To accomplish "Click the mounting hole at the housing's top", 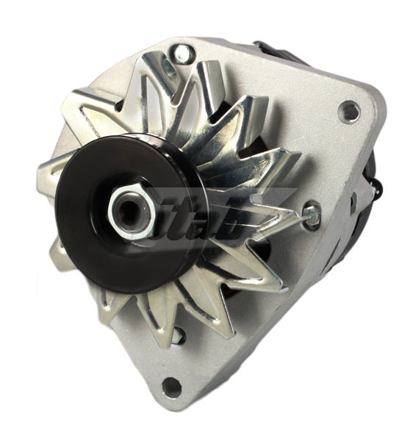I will click(181, 53).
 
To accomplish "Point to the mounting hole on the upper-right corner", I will click(350, 112).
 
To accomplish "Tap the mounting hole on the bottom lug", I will click(171, 386).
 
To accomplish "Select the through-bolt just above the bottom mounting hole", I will click(176, 335).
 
